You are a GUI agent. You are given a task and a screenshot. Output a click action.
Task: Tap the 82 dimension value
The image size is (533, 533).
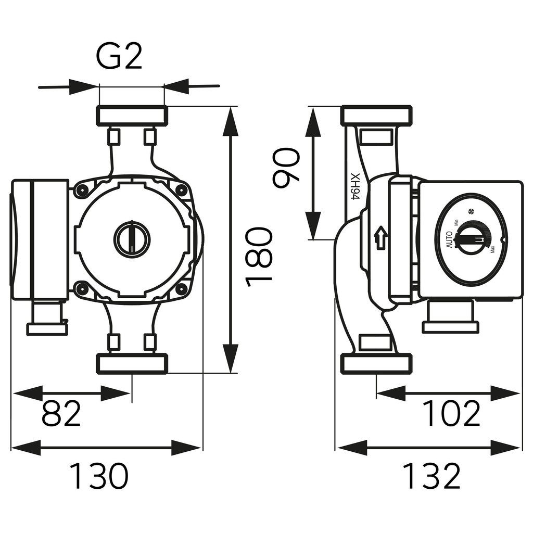pos(61,414)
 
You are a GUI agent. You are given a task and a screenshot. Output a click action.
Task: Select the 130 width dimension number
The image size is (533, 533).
pos(98,476)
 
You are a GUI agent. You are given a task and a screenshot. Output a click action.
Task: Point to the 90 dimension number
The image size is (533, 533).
pos(287,168)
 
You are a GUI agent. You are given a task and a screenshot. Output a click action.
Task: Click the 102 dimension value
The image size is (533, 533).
pos(451,414)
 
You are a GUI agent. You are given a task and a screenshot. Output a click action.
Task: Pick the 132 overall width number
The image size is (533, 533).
pos(432,476)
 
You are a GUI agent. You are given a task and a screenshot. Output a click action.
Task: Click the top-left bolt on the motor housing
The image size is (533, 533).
pos(81,191)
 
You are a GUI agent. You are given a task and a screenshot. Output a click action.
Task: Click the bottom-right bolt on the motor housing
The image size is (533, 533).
pos(181,289)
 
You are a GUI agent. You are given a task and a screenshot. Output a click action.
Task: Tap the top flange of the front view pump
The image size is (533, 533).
pos(132,116)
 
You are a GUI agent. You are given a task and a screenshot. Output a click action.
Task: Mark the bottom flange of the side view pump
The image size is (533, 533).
pos(376,363)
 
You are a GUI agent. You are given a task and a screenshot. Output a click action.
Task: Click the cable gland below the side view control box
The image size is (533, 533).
pos(450,316)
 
